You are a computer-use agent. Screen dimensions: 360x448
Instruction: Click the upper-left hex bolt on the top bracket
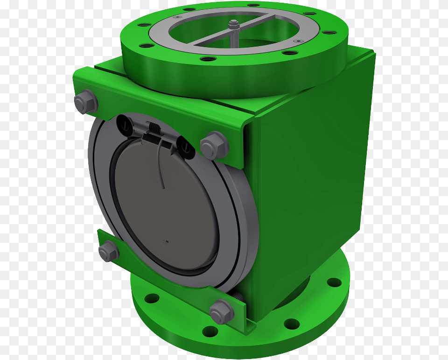[85, 101]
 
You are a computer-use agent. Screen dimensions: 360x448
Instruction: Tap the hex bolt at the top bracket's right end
[214, 145]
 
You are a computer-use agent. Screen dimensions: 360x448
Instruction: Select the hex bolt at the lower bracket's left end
[109, 251]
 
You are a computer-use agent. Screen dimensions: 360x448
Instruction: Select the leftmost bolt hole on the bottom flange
[152, 298]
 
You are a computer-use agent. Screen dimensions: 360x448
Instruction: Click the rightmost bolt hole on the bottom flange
[334, 282]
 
